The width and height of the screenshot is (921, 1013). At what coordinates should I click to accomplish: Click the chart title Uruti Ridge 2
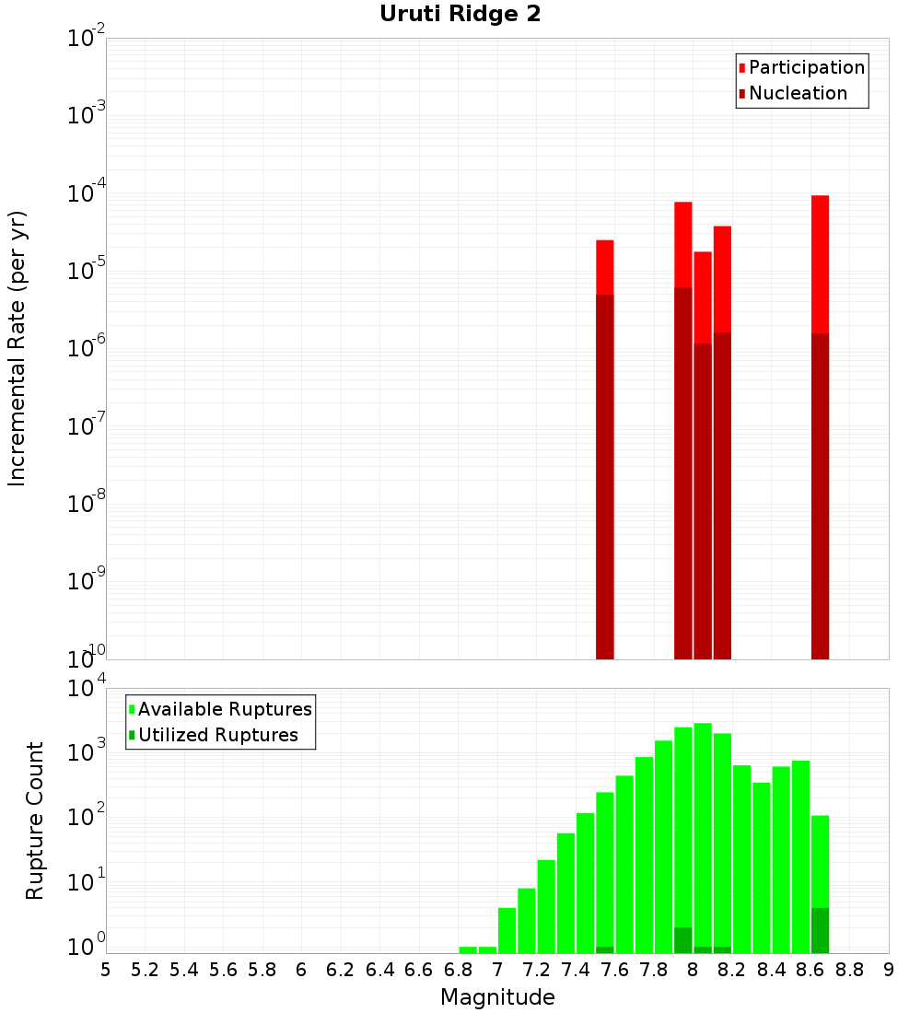(x=460, y=15)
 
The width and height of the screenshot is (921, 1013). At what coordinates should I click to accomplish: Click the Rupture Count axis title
(x=35, y=821)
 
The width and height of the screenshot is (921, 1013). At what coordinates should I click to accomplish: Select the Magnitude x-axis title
(x=497, y=997)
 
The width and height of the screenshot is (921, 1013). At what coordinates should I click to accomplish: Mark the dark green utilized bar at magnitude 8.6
(x=820, y=930)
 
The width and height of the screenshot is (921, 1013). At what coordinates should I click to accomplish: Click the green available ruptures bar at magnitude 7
(x=507, y=930)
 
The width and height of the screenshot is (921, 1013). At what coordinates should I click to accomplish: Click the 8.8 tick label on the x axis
(x=850, y=969)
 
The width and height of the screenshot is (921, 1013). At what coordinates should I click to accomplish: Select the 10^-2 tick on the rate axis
(x=87, y=39)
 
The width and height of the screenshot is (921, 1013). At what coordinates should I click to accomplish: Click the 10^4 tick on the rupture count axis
(x=87, y=689)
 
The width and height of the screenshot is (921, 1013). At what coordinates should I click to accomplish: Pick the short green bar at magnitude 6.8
(x=468, y=949)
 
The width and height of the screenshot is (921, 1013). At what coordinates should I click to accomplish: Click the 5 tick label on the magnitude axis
(x=106, y=969)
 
